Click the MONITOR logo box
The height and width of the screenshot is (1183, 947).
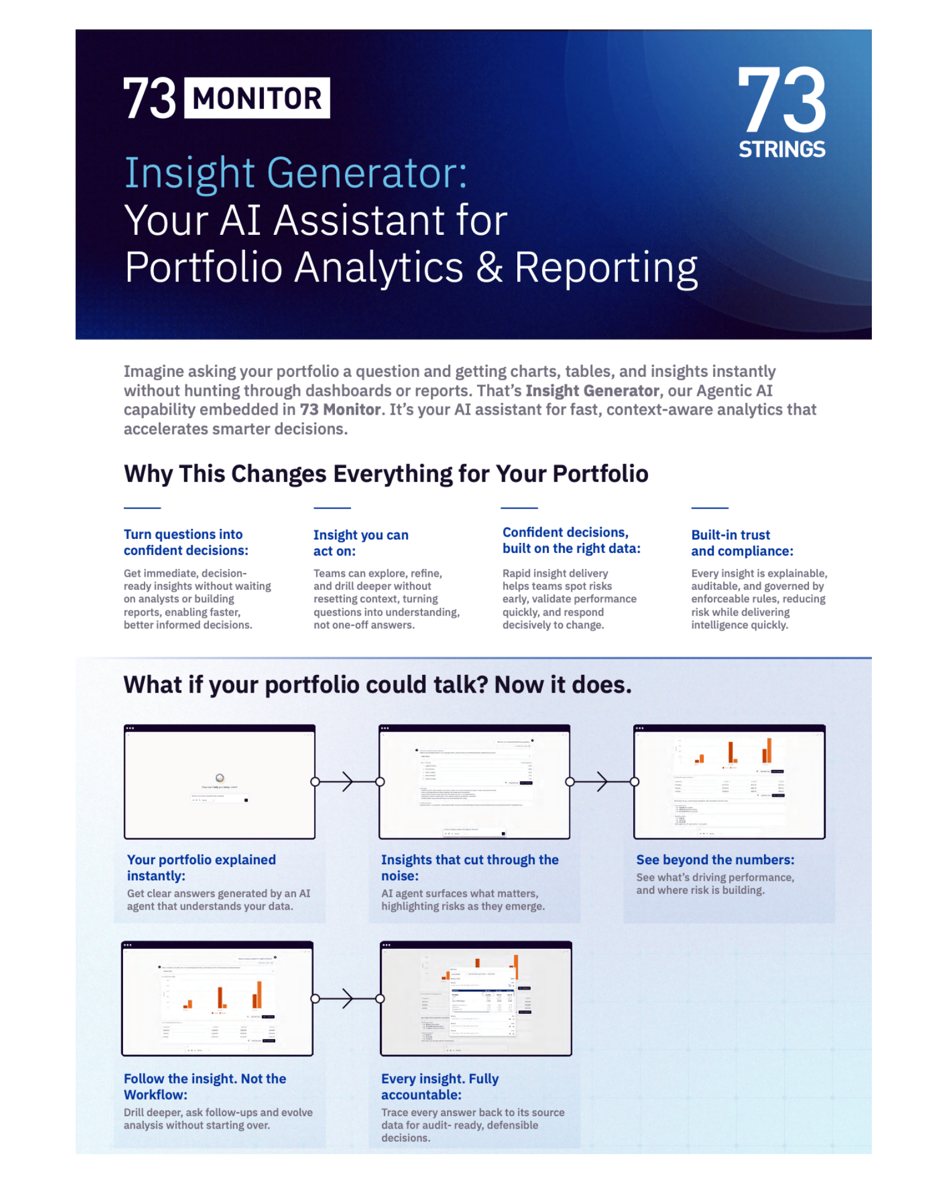(x=257, y=98)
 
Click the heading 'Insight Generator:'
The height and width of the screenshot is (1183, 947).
(x=296, y=173)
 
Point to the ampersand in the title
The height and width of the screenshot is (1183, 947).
(x=489, y=267)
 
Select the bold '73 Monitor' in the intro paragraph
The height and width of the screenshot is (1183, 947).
(x=340, y=410)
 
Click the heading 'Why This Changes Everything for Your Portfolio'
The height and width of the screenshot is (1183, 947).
(x=386, y=474)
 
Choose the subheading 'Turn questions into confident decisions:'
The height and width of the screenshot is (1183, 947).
(x=186, y=542)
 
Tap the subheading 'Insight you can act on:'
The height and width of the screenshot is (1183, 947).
(x=360, y=543)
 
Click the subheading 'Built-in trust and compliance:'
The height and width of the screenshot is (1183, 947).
(x=742, y=543)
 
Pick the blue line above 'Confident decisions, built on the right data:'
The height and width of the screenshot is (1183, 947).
(x=519, y=508)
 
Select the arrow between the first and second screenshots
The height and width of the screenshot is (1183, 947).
(x=347, y=781)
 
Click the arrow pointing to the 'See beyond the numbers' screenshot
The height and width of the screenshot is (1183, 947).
(x=602, y=781)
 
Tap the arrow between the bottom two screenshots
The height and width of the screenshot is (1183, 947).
(x=347, y=998)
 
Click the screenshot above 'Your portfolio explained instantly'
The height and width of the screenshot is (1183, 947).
(x=220, y=783)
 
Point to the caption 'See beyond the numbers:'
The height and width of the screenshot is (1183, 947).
(x=715, y=860)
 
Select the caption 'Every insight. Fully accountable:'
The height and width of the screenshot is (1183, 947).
(x=440, y=1087)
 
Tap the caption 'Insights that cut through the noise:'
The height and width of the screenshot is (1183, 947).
(x=469, y=868)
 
